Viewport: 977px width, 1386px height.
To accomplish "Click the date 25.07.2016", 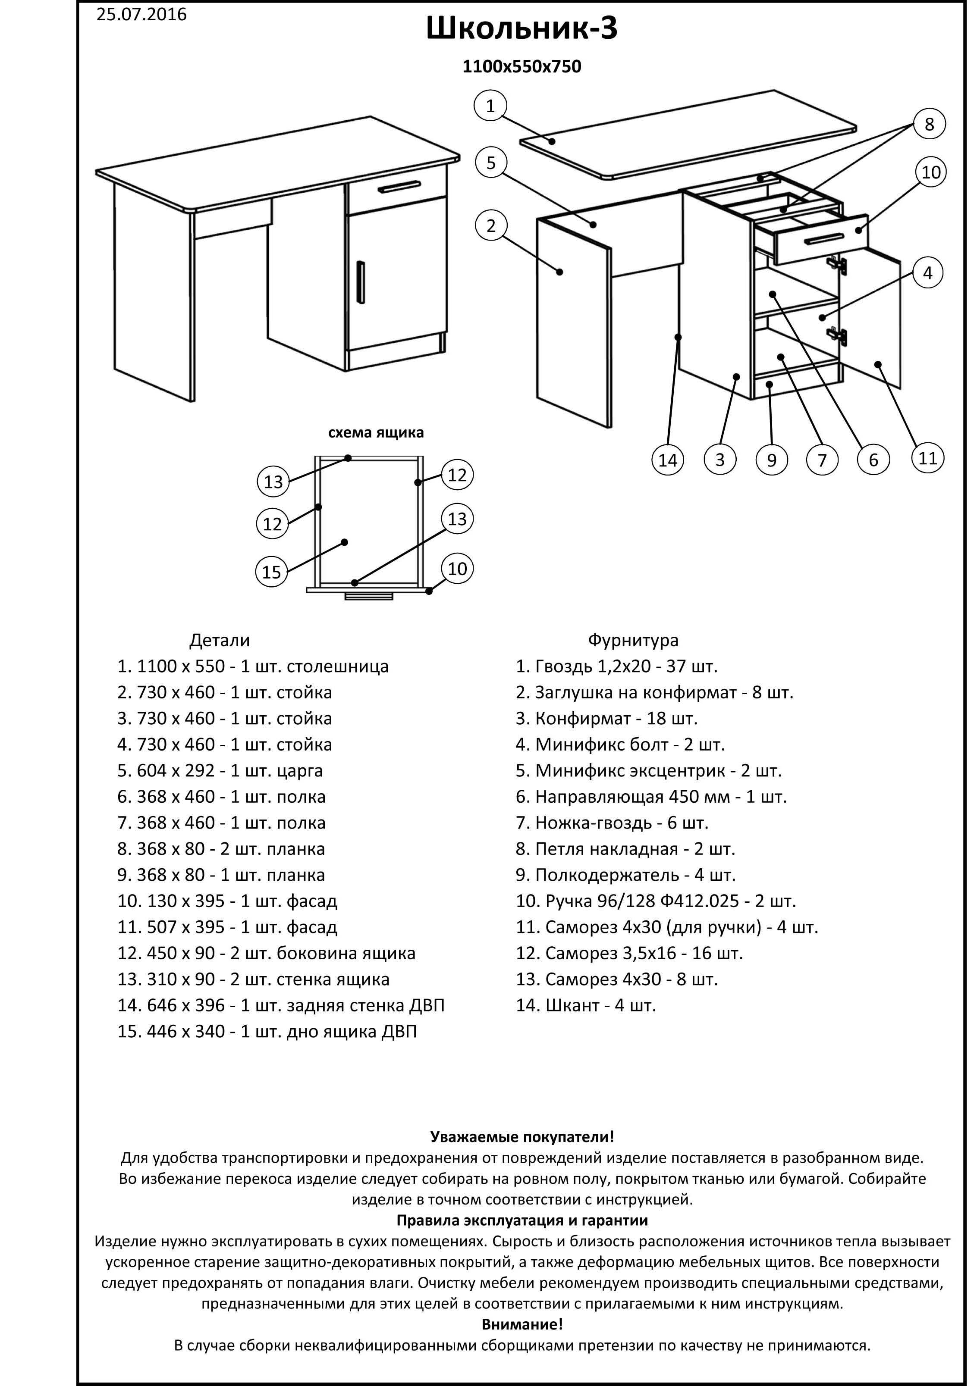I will [141, 15].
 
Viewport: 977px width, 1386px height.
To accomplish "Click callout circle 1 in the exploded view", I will [490, 106].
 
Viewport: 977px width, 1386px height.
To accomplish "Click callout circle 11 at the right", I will [927, 458].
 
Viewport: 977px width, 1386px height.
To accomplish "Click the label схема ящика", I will [376, 433].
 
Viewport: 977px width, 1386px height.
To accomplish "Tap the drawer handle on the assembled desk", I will [399, 188].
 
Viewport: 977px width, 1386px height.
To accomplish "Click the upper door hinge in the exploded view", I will [836, 263].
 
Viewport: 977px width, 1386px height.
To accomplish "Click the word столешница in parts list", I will [338, 666].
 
